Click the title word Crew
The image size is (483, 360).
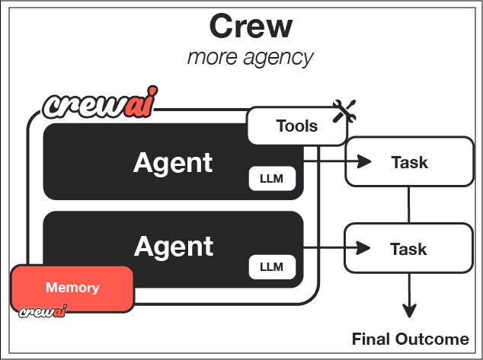coord(251,26)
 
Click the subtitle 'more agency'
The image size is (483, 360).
coord(251,58)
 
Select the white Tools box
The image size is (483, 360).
coord(293,125)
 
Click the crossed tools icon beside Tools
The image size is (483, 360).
coord(345,113)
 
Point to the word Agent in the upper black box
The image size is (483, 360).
coord(174,162)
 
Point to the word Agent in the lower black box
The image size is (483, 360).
coord(174,246)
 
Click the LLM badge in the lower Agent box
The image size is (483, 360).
coord(271,267)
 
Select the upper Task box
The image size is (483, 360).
coord(409,162)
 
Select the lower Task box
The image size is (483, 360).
coord(409,248)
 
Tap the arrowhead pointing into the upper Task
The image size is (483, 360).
coord(364,162)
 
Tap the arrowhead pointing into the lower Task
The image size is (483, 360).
coord(364,247)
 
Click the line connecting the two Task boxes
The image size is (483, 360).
coord(410,204)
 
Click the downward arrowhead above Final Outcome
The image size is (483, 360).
coord(410,310)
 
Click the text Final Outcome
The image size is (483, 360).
coord(411,339)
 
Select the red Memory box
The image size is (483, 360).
coord(72,288)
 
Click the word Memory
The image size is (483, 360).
coord(72,288)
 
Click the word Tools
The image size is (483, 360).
coord(297,126)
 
